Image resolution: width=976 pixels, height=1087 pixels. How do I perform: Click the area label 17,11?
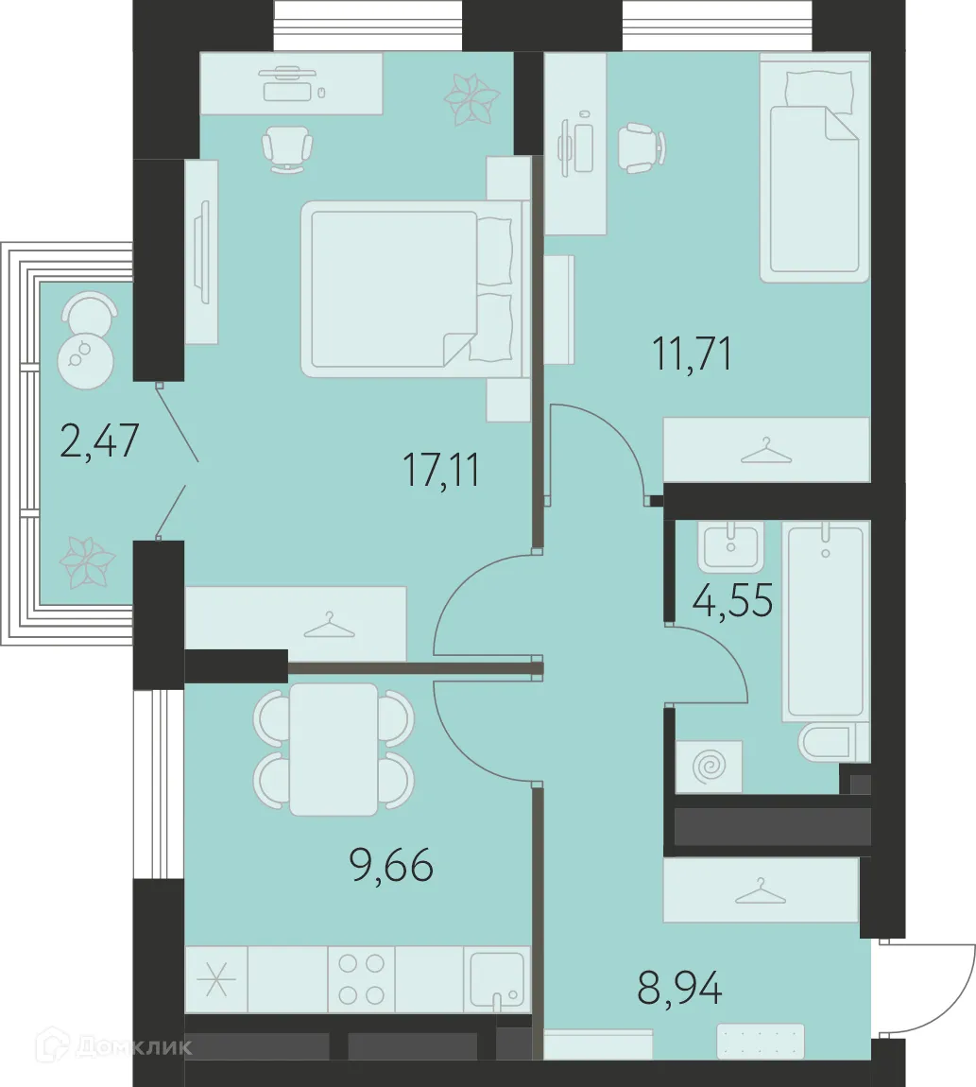click(x=441, y=470)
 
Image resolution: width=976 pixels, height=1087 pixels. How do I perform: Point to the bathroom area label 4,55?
click(x=732, y=599)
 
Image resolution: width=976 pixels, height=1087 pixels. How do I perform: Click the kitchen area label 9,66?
click(x=392, y=865)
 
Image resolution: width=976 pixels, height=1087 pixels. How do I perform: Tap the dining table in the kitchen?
click(x=334, y=749)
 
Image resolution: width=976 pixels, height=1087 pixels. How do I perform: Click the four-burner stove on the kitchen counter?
click(x=361, y=979)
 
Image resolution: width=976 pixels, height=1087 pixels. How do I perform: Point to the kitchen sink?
click(x=497, y=979)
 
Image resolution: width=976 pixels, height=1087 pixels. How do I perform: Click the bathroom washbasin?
click(x=731, y=547)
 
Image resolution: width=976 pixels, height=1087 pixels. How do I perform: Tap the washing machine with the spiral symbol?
click(x=710, y=767)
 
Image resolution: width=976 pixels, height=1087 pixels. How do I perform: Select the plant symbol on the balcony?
click(x=87, y=562)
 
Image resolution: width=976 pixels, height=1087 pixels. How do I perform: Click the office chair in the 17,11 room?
click(x=287, y=149)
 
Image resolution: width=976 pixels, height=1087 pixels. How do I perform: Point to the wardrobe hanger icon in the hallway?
click(x=761, y=891)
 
